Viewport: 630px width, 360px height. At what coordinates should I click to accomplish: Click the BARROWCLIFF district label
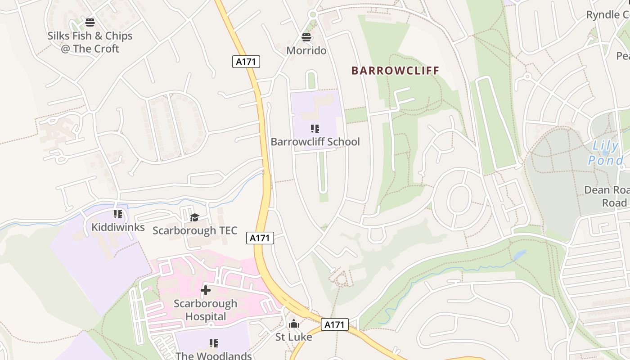395,71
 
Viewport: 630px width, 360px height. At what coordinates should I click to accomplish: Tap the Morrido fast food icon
306,37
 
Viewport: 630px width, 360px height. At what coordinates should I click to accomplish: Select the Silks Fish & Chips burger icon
90,22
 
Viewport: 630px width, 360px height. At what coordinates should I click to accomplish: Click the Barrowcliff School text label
315,142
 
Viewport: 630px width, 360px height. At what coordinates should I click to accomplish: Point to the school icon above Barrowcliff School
315,129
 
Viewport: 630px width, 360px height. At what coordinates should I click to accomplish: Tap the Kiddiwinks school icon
118,214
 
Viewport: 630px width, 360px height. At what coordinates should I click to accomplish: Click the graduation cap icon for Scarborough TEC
194,218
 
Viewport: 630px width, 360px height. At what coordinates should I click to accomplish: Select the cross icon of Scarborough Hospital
206,290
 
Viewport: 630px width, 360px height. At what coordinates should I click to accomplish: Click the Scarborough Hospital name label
206,310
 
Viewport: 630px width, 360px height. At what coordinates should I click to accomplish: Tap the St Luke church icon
294,324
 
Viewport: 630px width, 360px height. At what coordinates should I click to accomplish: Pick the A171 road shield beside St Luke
335,324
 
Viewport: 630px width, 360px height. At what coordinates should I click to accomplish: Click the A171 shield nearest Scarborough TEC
260,238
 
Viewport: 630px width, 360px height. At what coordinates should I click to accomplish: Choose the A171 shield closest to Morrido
246,62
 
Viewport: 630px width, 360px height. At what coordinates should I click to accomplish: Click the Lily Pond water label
606,153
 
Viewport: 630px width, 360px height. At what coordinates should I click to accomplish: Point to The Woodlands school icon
214,344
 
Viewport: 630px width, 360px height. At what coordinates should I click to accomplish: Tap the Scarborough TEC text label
194,230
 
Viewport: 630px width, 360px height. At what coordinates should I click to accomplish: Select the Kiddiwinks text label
118,227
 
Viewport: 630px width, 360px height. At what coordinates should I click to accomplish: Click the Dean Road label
606,196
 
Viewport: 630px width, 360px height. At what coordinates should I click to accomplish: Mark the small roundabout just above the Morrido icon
313,15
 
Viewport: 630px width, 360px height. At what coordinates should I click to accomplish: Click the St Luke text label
294,337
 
